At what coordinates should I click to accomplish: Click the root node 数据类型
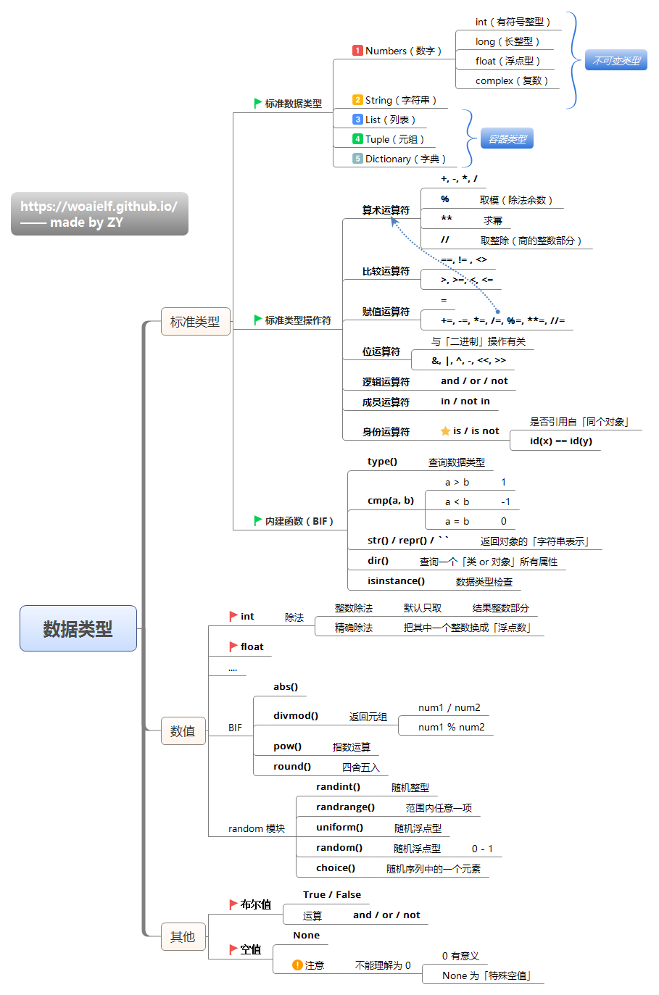click(78, 628)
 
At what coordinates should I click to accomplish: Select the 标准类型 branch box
click(195, 321)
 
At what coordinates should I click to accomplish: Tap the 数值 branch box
click(183, 731)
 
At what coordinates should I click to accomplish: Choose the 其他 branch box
click(183, 937)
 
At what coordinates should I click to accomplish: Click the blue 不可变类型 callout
click(616, 61)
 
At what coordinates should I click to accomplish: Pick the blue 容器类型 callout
click(507, 138)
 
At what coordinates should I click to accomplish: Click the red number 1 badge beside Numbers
click(357, 51)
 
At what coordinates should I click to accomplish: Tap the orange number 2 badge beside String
click(357, 100)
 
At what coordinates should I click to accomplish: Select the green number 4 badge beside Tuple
click(357, 139)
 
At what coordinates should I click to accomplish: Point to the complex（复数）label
click(511, 80)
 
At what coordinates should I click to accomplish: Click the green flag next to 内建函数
click(258, 520)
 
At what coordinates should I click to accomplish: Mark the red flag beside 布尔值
click(233, 904)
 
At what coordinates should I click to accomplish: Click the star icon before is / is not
click(445, 431)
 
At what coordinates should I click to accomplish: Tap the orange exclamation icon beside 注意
click(297, 965)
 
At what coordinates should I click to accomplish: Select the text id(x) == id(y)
click(560, 441)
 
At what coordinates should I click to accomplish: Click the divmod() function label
click(296, 715)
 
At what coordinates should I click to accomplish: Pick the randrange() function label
click(345, 807)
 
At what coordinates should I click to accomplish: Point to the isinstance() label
click(396, 580)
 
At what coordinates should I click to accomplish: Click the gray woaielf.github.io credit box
click(99, 214)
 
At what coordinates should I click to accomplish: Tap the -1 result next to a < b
click(505, 501)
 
